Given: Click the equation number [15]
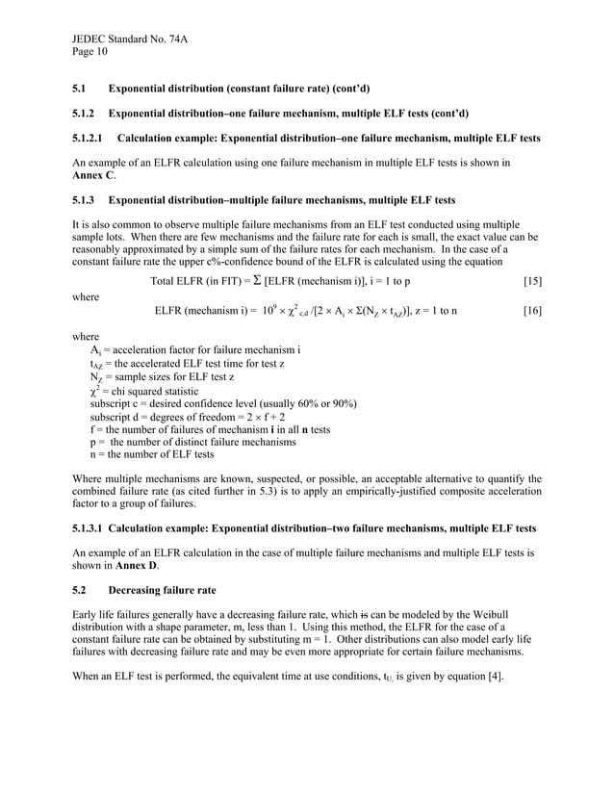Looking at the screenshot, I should click(x=531, y=281).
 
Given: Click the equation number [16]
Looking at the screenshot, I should click(x=531, y=312).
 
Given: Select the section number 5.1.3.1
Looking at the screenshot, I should click(x=89, y=529).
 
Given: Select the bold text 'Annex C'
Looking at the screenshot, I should click(x=93, y=176).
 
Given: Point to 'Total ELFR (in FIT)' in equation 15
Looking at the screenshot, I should click(x=196, y=281).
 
